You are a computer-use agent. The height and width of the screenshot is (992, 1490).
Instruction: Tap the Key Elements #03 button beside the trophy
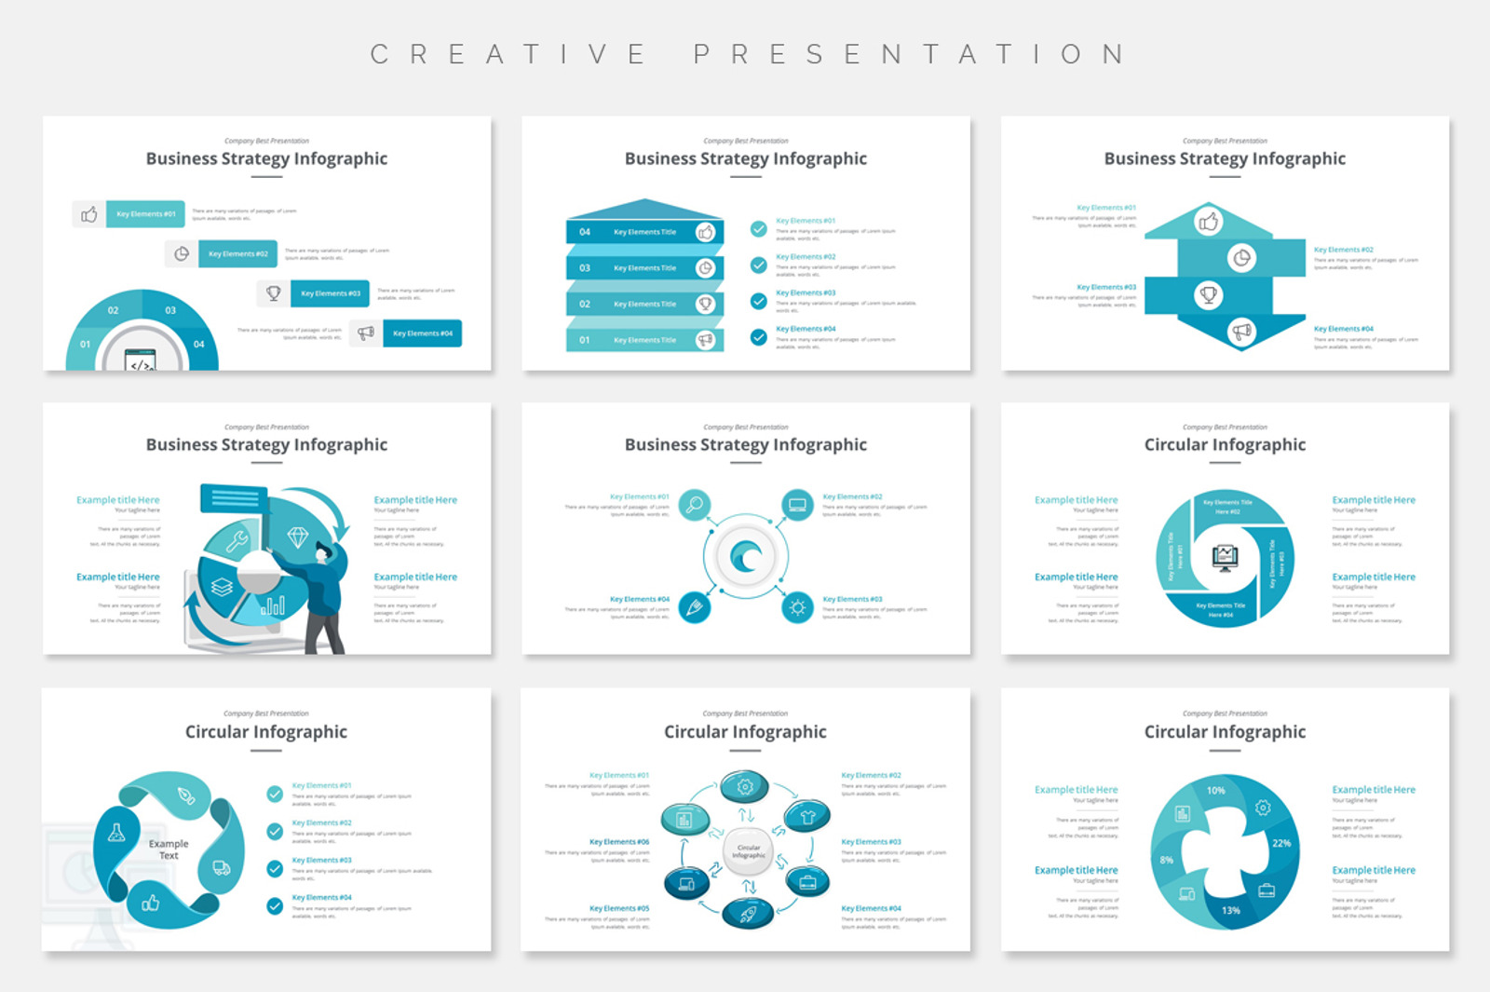tap(330, 293)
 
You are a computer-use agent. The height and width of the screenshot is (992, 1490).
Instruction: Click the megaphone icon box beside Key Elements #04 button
tap(366, 333)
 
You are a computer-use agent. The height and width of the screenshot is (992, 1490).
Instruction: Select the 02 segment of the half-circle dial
tap(114, 310)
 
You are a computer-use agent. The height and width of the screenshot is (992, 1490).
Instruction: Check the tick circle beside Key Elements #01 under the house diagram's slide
tap(759, 228)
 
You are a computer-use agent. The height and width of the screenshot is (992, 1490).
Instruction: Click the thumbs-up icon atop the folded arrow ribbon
tap(1209, 222)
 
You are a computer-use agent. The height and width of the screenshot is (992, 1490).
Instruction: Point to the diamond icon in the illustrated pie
tap(298, 537)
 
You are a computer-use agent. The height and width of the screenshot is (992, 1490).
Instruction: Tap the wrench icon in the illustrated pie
tap(237, 540)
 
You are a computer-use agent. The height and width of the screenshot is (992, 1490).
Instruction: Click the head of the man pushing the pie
tap(323, 551)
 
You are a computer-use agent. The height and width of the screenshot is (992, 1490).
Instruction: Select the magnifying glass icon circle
tap(694, 505)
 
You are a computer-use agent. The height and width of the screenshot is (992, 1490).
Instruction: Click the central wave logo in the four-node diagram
tap(746, 557)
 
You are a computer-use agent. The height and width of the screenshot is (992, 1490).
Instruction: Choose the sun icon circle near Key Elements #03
tap(797, 608)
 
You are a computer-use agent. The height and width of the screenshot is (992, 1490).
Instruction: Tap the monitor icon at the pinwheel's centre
tap(1225, 557)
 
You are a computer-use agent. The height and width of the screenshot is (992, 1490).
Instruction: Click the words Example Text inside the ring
tap(169, 849)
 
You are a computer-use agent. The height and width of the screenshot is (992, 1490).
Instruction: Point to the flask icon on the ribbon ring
tap(116, 833)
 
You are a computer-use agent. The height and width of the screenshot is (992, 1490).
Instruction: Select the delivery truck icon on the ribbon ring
tap(222, 868)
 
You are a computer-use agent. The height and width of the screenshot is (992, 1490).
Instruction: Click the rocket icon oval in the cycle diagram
tap(748, 914)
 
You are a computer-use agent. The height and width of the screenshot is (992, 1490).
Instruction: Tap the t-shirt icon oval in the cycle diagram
tap(807, 817)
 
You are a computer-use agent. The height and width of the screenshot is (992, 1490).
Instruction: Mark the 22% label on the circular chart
tap(1281, 843)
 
